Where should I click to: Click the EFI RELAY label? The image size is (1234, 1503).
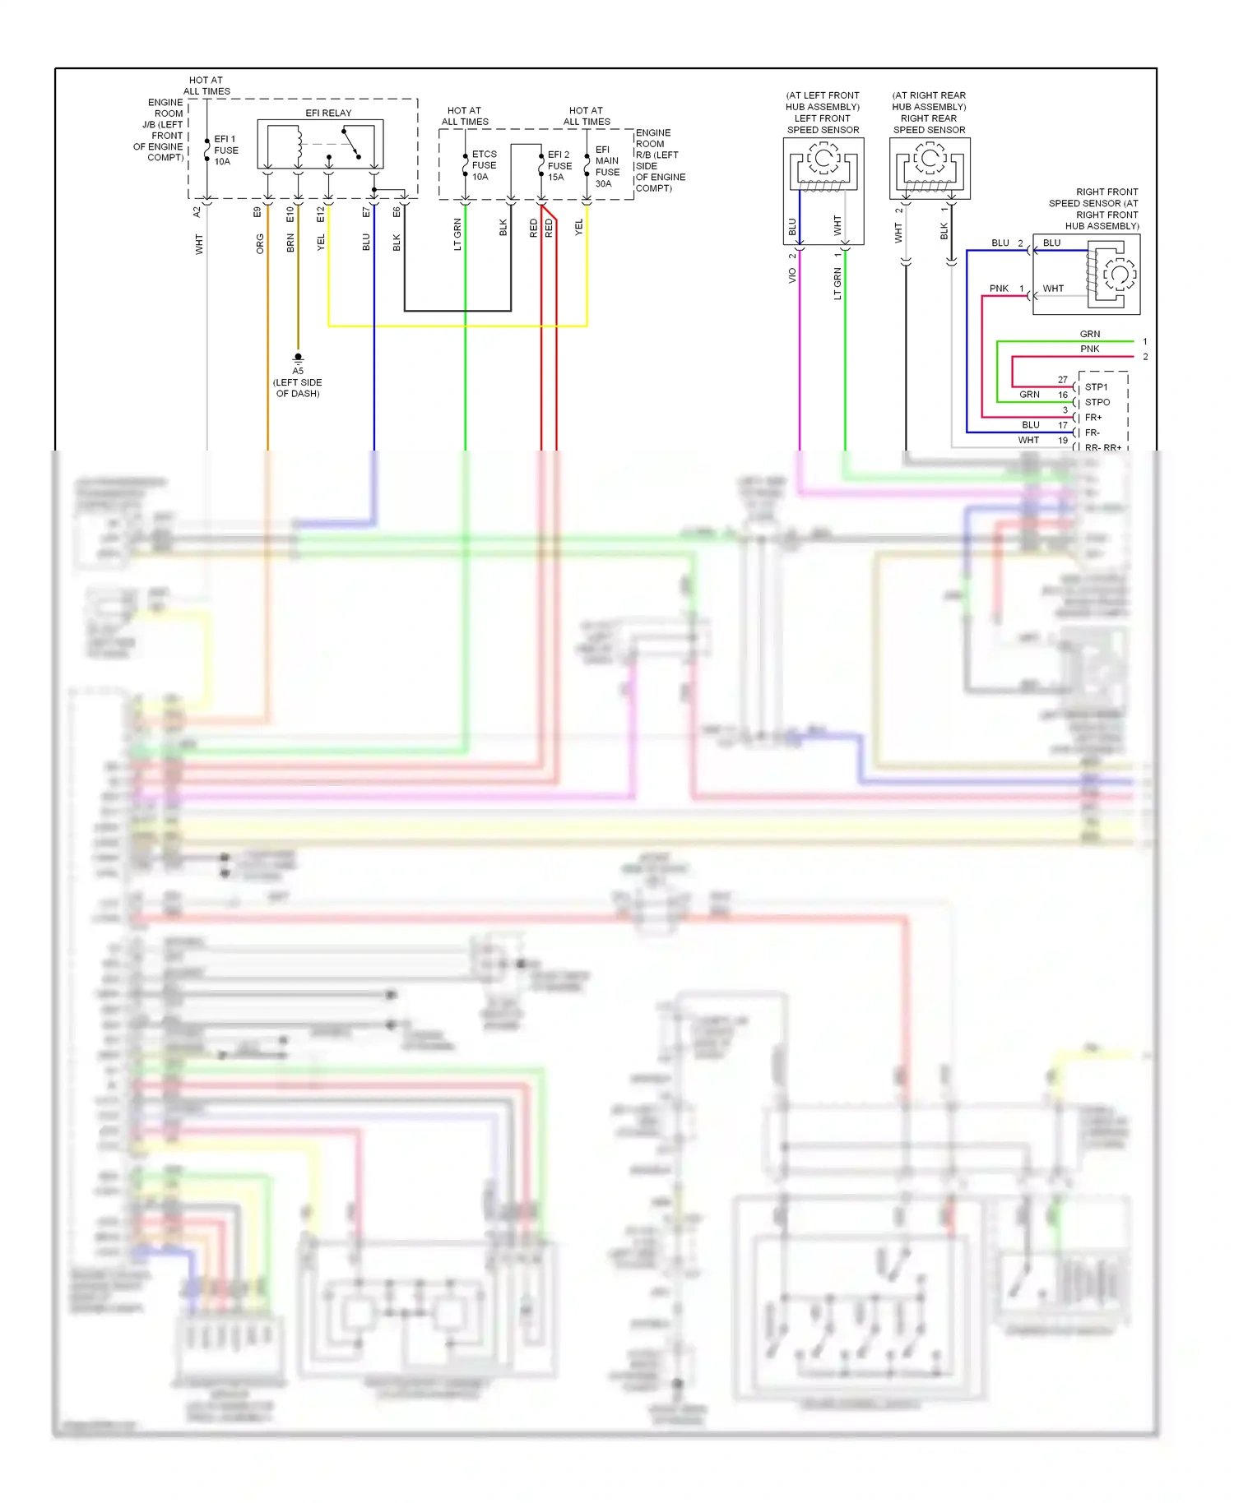click(x=328, y=113)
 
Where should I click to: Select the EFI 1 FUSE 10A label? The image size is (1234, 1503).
click(x=225, y=150)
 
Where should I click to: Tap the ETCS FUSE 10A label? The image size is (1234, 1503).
click(x=484, y=165)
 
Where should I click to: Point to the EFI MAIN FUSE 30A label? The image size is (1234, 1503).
click(x=607, y=167)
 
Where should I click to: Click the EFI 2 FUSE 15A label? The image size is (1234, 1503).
click(x=559, y=165)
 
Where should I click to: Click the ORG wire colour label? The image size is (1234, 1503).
click(x=260, y=243)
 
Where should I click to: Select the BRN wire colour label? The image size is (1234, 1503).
click(x=290, y=243)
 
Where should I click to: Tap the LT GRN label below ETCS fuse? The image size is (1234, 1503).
click(x=457, y=234)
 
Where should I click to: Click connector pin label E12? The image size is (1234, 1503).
click(x=321, y=214)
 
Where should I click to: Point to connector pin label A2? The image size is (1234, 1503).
click(x=197, y=212)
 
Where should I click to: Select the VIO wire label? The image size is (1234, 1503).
click(x=792, y=276)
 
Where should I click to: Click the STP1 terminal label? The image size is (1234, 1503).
click(x=1096, y=387)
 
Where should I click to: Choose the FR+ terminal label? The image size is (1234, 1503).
click(x=1093, y=418)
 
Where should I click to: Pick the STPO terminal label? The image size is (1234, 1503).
click(x=1097, y=402)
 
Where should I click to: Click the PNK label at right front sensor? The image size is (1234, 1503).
click(x=999, y=289)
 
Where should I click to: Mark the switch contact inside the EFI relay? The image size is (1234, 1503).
click(x=352, y=143)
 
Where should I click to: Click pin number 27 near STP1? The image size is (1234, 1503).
click(x=1062, y=380)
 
